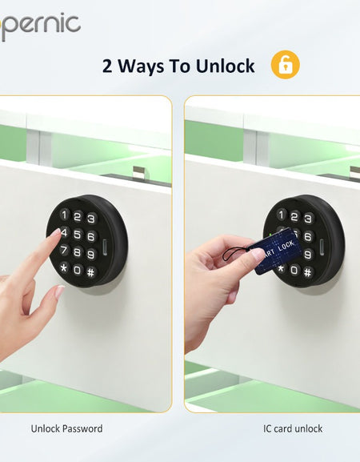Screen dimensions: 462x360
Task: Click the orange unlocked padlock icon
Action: tap(286, 65)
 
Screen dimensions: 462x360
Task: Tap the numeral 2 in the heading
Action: tap(108, 66)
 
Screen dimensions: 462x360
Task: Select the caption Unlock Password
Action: tap(66, 428)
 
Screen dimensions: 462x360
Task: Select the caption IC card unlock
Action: tap(293, 428)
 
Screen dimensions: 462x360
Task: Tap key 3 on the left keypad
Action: tap(91, 219)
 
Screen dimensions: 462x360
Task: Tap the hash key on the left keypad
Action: tap(91, 271)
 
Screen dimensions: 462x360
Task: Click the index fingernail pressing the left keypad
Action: tap(55, 233)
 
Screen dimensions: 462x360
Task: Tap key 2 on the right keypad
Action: tap(294, 215)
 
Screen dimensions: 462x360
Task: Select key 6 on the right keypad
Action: tap(308, 235)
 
